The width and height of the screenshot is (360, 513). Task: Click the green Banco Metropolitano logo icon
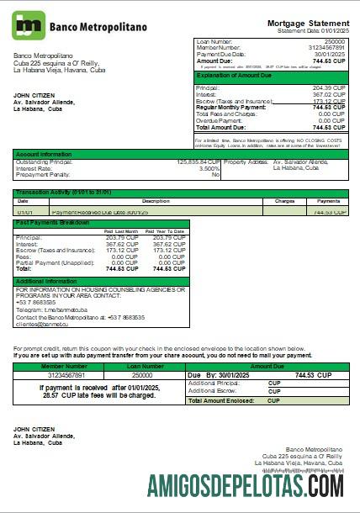[x=29, y=26]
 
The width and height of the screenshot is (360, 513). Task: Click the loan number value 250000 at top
[x=334, y=40]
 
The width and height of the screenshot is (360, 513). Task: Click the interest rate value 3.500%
[x=209, y=167]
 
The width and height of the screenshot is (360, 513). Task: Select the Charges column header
[x=284, y=201]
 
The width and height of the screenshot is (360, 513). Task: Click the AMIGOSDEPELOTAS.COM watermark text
[x=244, y=485]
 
